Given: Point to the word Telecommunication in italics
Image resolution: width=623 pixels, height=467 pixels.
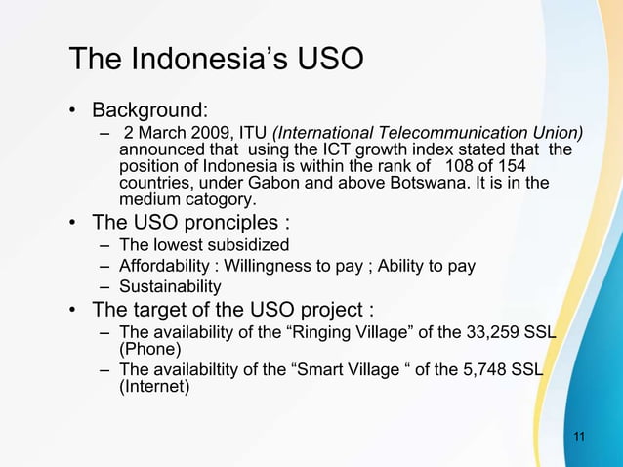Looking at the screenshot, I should (x=430, y=133).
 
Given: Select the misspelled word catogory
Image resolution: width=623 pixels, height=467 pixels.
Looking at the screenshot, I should (x=215, y=200).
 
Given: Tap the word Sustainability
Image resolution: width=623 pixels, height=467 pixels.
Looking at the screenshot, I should (x=170, y=287).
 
